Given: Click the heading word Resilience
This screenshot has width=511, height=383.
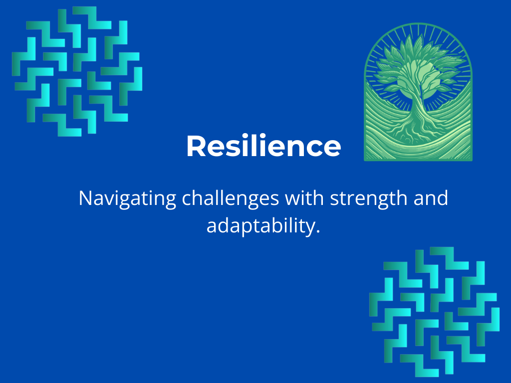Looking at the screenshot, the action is click(263, 146).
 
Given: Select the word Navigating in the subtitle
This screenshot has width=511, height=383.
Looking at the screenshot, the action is click(127, 198).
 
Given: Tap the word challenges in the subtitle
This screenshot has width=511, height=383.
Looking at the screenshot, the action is click(230, 198).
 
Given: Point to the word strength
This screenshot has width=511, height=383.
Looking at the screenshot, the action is click(369, 198).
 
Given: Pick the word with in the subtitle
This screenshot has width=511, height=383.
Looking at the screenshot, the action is click(304, 197).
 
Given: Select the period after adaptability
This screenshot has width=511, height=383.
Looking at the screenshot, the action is click(318, 231).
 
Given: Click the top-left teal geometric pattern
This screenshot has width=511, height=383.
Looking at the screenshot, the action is click(77, 71).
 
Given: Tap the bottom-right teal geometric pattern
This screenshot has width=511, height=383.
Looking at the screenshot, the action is click(435, 312).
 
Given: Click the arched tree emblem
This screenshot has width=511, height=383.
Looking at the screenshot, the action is click(418, 92).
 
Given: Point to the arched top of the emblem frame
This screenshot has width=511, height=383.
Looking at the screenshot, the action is click(418, 24).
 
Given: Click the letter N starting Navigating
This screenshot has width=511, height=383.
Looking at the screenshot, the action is click(86, 198).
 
